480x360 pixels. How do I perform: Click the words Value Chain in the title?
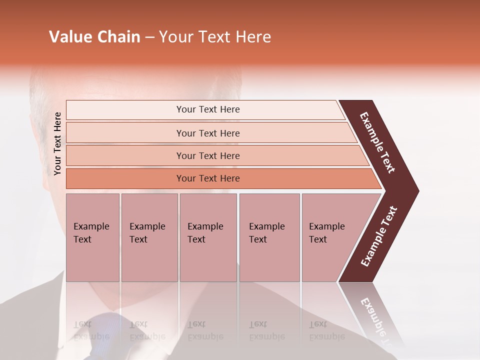coord(94,37)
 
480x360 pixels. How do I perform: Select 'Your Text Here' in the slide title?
coord(215,37)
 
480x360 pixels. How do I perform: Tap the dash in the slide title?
coord(149,37)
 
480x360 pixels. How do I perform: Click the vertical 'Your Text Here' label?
coord(58,143)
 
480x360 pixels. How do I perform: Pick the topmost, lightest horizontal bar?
coord(207,109)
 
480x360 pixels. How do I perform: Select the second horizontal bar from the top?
coord(207,133)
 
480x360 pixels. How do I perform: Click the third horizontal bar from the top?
coord(207,155)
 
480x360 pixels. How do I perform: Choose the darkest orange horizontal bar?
coord(207,178)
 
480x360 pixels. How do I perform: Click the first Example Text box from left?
coord(92,237)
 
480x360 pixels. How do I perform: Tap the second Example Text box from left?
coord(149,237)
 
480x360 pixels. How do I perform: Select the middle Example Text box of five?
coord(208,237)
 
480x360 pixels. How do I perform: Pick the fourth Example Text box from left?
coord(269,237)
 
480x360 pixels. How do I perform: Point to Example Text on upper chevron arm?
coord(377,142)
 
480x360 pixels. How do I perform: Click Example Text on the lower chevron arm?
coord(378,236)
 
